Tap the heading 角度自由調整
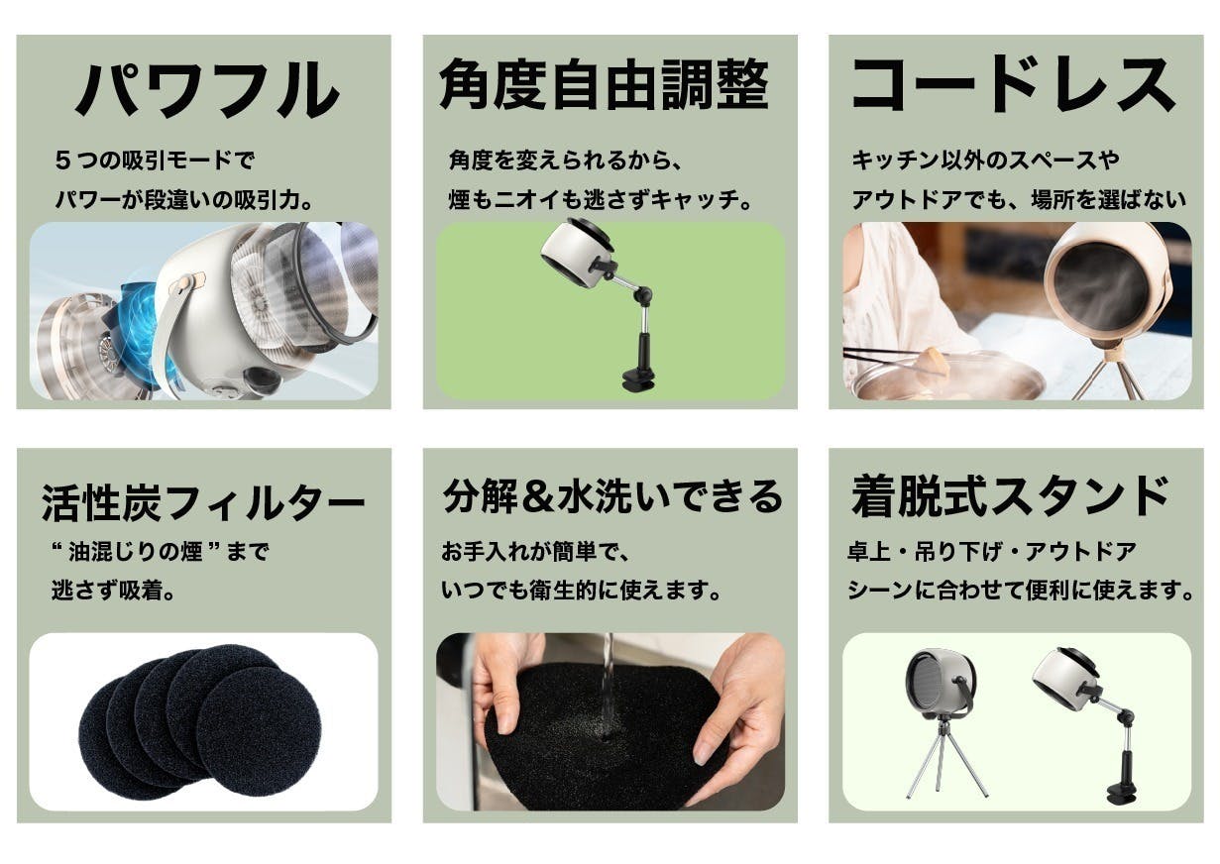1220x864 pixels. tap(604, 84)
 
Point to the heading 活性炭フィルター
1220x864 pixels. tap(202, 502)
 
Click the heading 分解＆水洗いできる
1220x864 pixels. tap(612, 496)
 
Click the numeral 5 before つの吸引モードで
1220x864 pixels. tap(62, 161)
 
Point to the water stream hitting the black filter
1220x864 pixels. tap(608, 685)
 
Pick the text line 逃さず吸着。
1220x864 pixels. tap(113, 591)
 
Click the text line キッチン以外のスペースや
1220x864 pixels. tap(986, 161)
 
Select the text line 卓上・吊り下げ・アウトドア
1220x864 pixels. tap(992, 552)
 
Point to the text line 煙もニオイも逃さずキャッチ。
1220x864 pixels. tap(601, 200)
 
